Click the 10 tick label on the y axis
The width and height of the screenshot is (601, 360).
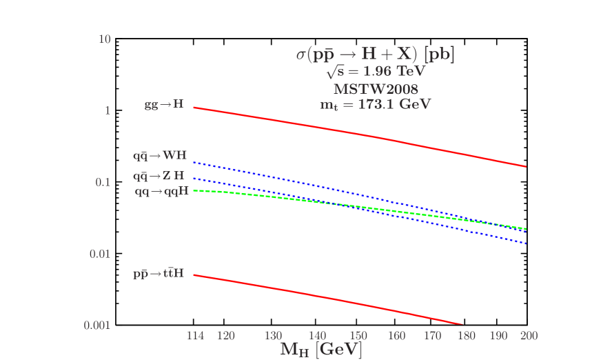click(x=105, y=39)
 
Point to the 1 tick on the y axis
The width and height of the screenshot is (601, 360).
click(x=108, y=110)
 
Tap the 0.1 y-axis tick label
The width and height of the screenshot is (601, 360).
click(x=103, y=182)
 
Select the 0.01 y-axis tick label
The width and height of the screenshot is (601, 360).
click(x=100, y=254)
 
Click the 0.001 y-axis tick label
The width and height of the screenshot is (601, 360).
click(x=97, y=325)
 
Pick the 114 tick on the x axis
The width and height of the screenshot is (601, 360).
click(x=196, y=336)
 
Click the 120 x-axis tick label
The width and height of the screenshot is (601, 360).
click(x=226, y=336)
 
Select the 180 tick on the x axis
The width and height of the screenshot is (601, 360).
click(x=467, y=336)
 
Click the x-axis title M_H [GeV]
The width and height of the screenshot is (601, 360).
click(x=321, y=350)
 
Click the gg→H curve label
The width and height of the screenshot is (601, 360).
click(x=164, y=106)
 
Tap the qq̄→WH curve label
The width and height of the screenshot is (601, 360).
click(x=160, y=157)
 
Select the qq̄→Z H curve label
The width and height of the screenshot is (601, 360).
click(x=159, y=177)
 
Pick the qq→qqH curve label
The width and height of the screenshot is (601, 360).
click(x=161, y=192)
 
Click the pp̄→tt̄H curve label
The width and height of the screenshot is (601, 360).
click(x=159, y=274)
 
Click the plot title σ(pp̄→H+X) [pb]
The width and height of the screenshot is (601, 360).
click(x=376, y=54)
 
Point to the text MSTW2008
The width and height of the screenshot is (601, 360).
click(x=376, y=89)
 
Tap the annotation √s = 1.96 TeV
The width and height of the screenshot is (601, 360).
click(x=376, y=72)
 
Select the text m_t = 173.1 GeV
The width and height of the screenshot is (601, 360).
click(x=376, y=105)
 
